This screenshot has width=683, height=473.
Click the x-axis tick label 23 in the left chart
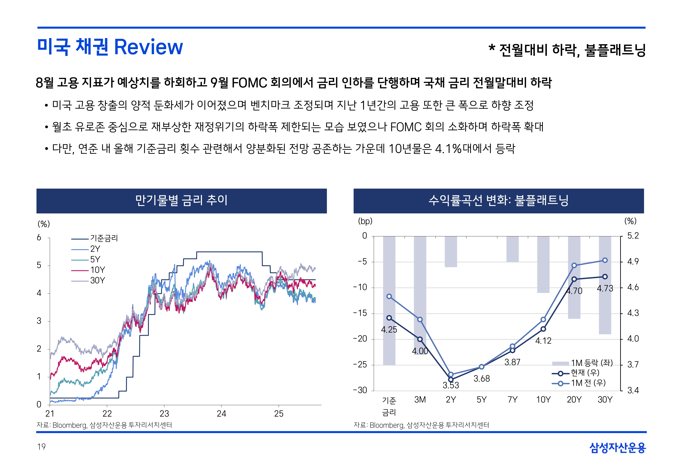(x=164, y=414)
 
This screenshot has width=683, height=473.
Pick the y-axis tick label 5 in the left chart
(x=39, y=265)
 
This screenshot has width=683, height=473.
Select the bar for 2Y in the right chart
(x=451, y=252)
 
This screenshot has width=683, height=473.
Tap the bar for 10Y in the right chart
(x=543, y=264)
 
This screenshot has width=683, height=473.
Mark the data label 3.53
(x=451, y=385)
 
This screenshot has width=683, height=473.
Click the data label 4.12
(x=543, y=341)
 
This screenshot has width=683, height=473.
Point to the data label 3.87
(x=512, y=362)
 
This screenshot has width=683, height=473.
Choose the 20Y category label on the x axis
(x=574, y=400)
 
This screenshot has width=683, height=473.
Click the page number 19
(x=41, y=447)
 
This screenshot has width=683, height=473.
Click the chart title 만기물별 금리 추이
(x=181, y=201)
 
